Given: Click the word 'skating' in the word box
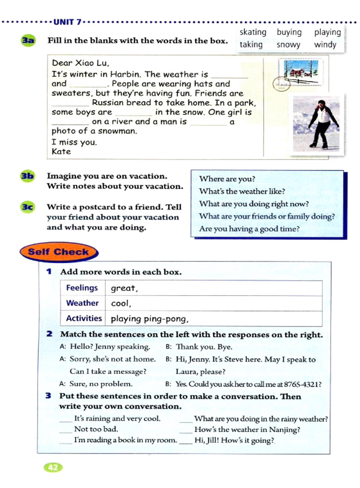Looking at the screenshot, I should click(x=253, y=32).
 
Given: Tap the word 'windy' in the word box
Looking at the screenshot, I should click(x=325, y=45).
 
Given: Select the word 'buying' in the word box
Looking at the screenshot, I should click(x=289, y=32).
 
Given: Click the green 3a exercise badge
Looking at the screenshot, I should click(x=28, y=40).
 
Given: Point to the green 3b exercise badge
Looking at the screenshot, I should click(x=27, y=176).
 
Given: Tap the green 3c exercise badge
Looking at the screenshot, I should click(x=27, y=207).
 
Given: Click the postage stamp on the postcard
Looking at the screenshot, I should click(x=301, y=72).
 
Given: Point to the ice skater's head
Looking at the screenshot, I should click(x=321, y=104).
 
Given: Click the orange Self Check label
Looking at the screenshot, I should click(x=59, y=252).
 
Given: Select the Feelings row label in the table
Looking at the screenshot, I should click(x=82, y=288).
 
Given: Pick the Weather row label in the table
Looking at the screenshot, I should click(x=82, y=303).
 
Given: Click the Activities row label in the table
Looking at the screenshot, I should click(x=84, y=318).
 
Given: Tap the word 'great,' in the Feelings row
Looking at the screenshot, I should click(x=124, y=288).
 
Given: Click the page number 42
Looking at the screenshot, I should click(x=53, y=467).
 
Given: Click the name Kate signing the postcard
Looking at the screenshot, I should click(x=61, y=152).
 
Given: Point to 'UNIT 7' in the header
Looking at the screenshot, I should click(x=67, y=22).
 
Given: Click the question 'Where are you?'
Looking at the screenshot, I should click(x=227, y=179).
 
